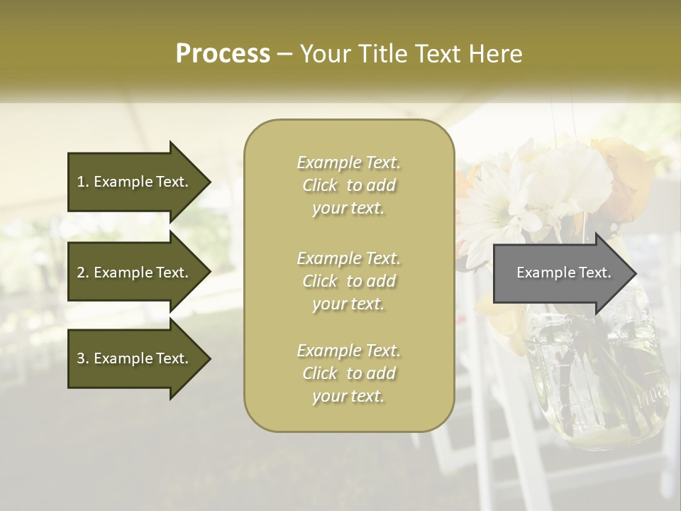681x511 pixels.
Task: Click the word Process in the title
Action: (223, 54)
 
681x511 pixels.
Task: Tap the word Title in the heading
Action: (382, 54)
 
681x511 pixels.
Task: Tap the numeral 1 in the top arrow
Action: (81, 182)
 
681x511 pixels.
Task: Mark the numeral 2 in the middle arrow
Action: (81, 273)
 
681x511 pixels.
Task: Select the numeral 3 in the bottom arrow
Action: (81, 358)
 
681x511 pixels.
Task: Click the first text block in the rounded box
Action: (348, 185)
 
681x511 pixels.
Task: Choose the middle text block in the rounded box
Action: (348, 281)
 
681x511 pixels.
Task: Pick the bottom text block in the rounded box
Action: (348, 373)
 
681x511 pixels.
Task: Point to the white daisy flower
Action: (497, 206)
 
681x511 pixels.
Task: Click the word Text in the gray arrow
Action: (594, 273)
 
